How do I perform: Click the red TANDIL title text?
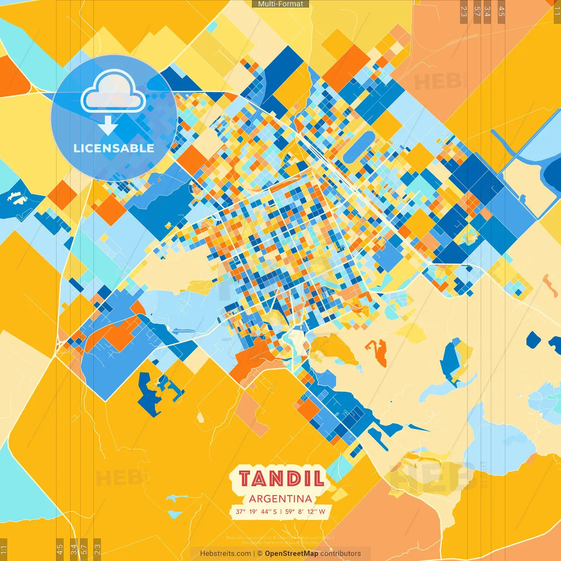(281, 478)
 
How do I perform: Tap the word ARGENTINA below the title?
(280, 499)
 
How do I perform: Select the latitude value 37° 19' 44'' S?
(256, 511)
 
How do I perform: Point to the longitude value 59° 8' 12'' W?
(305, 511)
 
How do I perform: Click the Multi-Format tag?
(280, 4)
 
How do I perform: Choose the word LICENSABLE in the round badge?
(114, 148)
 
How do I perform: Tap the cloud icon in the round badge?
(114, 91)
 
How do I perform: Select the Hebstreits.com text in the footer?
(225, 554)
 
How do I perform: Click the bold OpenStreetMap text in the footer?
(291, 554)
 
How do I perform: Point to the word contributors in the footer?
(341, 554)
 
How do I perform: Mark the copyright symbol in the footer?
(260, 554)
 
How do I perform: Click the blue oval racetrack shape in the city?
(359, 147)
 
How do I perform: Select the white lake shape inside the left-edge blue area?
(16, 198)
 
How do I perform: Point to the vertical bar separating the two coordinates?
(280, 511)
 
